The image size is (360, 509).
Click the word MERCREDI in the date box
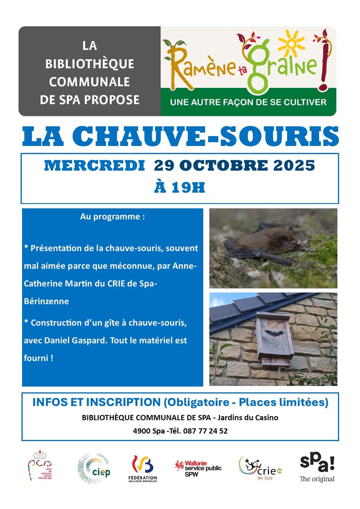(94, 165)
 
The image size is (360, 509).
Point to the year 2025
(292, 165)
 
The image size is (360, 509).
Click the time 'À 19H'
(180, 187)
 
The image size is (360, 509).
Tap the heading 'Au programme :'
(112, 217)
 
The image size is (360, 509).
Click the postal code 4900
(141, 431)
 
